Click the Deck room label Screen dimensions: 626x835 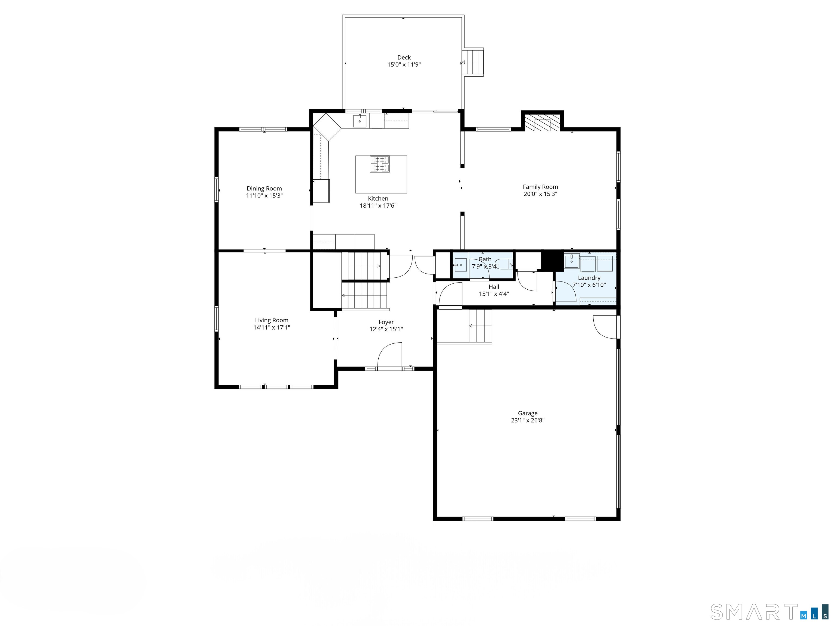point(404,57)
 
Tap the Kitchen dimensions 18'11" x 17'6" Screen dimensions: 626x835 point(378,206)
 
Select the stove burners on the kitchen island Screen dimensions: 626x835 point(379,164)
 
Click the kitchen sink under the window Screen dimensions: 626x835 point(360,121)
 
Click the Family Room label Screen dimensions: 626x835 point(540,187)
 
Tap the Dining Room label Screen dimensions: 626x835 point(264,189)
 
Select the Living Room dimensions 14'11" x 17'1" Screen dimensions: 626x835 point(272,327)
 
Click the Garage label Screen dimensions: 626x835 point(527,413)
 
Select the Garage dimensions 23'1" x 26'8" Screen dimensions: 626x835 point(527,420)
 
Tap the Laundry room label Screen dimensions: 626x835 point(589,278)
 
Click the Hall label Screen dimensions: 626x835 point(494,287)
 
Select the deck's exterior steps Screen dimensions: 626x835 point(474,62)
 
